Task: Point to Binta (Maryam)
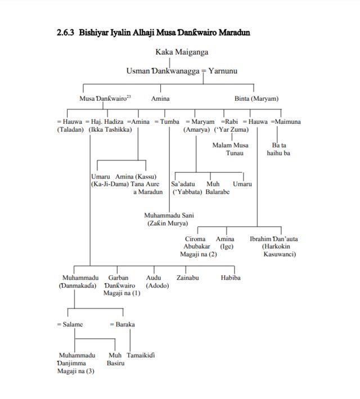(x=256, y=99)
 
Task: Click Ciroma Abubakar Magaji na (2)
(x=198, y=246)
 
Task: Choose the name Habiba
(x=231, y=277)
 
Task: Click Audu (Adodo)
(x=154, y=281)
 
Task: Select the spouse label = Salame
(x=70, y=324)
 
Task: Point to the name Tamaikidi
(x=141, y=355)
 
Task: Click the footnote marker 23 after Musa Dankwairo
(x=128, y=97)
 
